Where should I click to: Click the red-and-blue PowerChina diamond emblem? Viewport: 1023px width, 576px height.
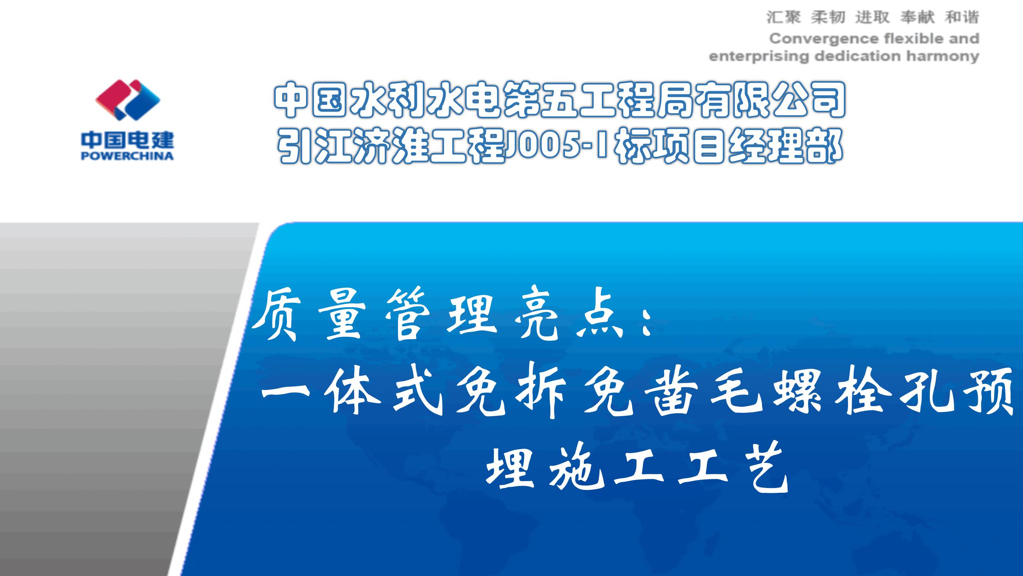[x=127, y=100]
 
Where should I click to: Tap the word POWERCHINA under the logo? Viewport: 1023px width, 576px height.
[x=127, y=156]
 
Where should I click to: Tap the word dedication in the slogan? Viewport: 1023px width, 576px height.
[x=858, y=56]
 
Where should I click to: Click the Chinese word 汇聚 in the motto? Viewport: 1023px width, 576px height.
[x=784, y=17]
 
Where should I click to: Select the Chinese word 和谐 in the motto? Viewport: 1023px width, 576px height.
[x=962, y=17]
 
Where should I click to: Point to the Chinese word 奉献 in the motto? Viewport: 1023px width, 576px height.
[x=918, y=17]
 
